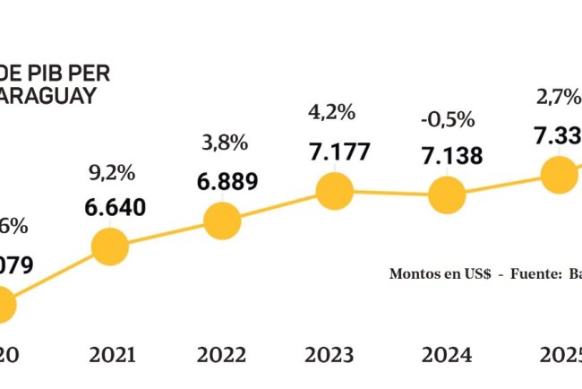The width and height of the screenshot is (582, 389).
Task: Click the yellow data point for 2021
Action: (x=110, y=246)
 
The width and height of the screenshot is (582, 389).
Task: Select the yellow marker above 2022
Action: (x=222, y=220)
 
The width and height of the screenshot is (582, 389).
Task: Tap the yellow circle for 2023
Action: (x=335, y=190)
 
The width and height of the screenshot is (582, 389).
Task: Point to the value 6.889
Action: (x=227, y=181)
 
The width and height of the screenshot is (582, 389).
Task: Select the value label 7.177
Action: (x=338, y=151)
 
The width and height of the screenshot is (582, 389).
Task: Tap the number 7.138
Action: (x=451, y=156)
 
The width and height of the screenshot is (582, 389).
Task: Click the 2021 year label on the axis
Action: (x=112, y=355)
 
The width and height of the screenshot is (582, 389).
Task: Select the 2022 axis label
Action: (x=223, y=355)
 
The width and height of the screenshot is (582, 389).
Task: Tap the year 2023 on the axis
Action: (x=334, y=355)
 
